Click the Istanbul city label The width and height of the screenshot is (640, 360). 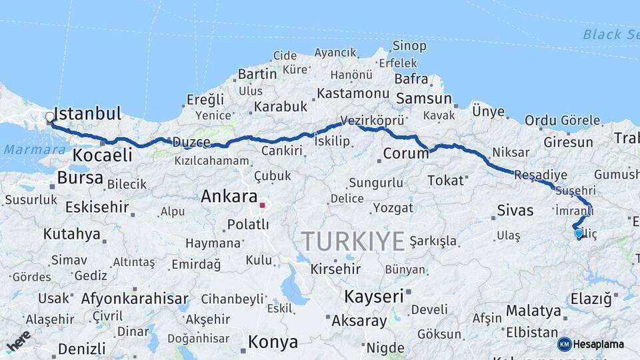(87, 113)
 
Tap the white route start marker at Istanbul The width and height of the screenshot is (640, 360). (50, 118)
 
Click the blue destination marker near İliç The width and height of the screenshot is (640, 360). (579, 233)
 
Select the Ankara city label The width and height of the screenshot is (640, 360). (229, 197)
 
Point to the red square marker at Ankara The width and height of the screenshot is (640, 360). (262, 205)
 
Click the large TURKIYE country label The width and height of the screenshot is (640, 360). (354, 241)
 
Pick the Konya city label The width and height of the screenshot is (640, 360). (273, 343)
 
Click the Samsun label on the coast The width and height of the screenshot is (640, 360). (424, 99)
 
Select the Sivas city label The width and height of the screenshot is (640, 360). (515, 211)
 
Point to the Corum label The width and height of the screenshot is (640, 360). (405, 153)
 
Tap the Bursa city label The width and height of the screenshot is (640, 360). (80, 178)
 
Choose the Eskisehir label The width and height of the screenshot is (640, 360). (97, 207)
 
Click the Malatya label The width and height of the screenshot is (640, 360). (533, 311)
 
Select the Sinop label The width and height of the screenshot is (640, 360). (409, 46)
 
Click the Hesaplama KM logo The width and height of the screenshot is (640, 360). (590, 344)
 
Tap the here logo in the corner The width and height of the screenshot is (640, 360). (18, 341)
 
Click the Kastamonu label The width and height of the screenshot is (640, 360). (353, 93)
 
